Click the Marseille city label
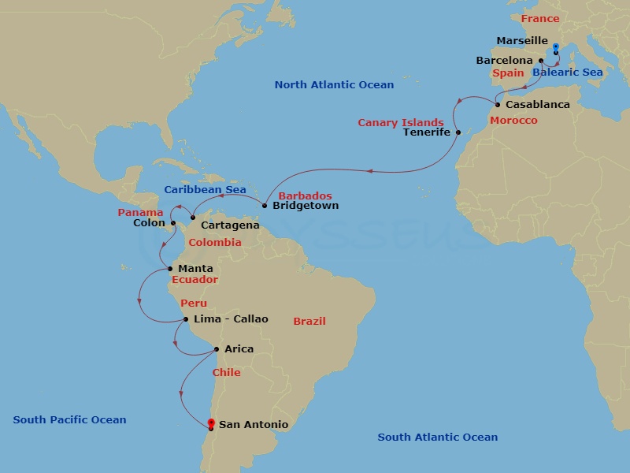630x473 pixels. click(522, 40)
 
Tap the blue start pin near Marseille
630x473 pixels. click(556, 48)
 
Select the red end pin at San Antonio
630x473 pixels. click(211, 424)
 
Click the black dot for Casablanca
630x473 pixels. click(498, 105)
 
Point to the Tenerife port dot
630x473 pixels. click(458, 132)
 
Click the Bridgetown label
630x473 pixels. click(306, 206)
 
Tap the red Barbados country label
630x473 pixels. click(306, 196)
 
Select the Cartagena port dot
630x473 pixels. click(193, 218)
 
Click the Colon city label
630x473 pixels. click(150, 223)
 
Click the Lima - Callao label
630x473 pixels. click(231, 319)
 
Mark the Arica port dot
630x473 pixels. click(217, 349)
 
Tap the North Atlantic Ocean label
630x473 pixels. click(334, 84)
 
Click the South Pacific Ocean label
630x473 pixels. click(69, 420)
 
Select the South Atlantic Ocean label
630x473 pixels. click(437, 437)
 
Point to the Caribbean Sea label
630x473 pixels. click(205, 190)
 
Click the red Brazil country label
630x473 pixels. click(309, 321)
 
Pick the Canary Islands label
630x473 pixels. click(401, 123)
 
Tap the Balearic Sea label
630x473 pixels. click(567, 73)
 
